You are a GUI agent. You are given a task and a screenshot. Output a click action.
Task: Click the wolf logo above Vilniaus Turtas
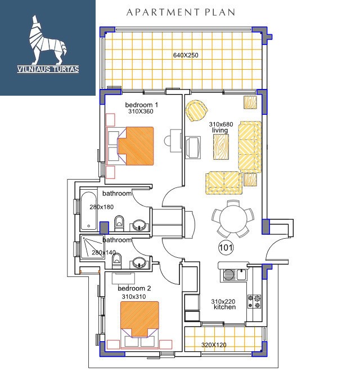coord(47,40)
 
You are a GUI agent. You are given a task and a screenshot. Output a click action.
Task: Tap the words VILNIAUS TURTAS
coord(48,69)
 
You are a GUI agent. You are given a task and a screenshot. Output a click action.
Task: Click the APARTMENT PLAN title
coord(181,12)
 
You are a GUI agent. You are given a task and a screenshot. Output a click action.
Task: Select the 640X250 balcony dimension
coord(186,55)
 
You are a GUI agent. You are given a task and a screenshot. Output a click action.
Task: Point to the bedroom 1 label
coord(141,105)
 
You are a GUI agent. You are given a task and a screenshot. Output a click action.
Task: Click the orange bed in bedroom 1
coord(136,146)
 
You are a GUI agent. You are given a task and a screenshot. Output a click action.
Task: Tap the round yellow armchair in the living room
coord(196,111)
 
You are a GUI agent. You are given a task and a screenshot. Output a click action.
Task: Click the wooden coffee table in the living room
coord(221,147)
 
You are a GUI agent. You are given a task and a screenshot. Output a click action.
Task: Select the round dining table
coord(233,219)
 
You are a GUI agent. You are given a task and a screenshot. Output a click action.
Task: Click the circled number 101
coord(226,248)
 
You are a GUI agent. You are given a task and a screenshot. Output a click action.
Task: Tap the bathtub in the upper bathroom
coord(88,211)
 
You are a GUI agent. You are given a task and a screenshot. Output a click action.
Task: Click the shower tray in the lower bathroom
coord(92,247)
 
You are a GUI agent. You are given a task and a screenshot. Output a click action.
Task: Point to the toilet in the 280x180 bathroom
coord(119,223)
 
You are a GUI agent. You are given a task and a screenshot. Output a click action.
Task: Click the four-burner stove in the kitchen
coord(254,302)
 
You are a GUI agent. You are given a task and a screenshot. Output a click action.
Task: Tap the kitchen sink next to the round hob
coord(241,275)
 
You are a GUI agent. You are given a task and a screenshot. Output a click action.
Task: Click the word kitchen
coord(224,307)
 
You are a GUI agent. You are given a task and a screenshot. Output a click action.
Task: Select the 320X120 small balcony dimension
coord(214,345)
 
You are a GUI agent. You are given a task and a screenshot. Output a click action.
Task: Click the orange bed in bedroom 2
coord(139,319)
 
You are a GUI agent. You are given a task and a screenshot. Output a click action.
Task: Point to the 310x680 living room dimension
coord(221,124)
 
